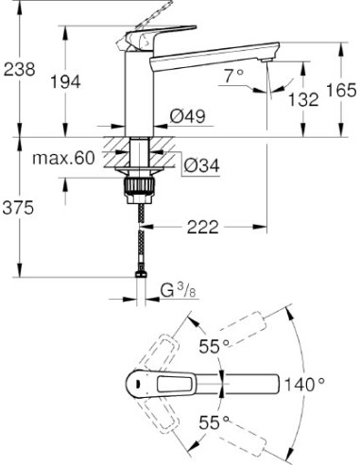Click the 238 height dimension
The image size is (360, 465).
pos(19,69)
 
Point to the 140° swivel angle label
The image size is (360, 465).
pos(303,384)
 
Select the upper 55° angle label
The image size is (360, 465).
pos(213,347)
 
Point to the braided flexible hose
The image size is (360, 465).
pos(139,236)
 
